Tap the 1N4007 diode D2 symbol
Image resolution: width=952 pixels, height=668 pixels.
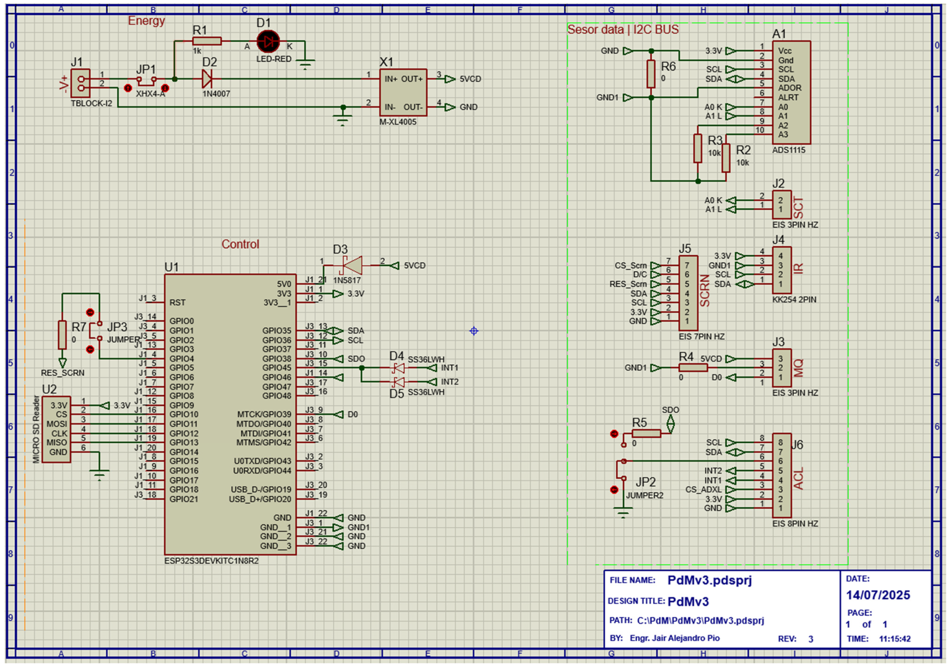click(207, 79)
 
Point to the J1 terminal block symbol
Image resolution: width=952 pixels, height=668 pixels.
click(80, 83)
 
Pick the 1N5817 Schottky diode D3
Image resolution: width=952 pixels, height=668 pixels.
click(352, 265)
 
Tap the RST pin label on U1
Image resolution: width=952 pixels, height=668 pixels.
click(177, 303)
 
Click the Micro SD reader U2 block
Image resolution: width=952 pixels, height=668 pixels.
click(56, 429)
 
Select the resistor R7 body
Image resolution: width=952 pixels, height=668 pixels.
click(62, 335)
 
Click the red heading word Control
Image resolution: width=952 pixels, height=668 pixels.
click(240, 244)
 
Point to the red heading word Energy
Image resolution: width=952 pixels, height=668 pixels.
click(146, 21)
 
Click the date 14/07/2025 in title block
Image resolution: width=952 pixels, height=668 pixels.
click(878, 595)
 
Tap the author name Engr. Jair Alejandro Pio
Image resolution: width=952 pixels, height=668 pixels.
click(675, 638)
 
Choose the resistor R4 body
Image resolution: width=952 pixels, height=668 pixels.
click(693, 368)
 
